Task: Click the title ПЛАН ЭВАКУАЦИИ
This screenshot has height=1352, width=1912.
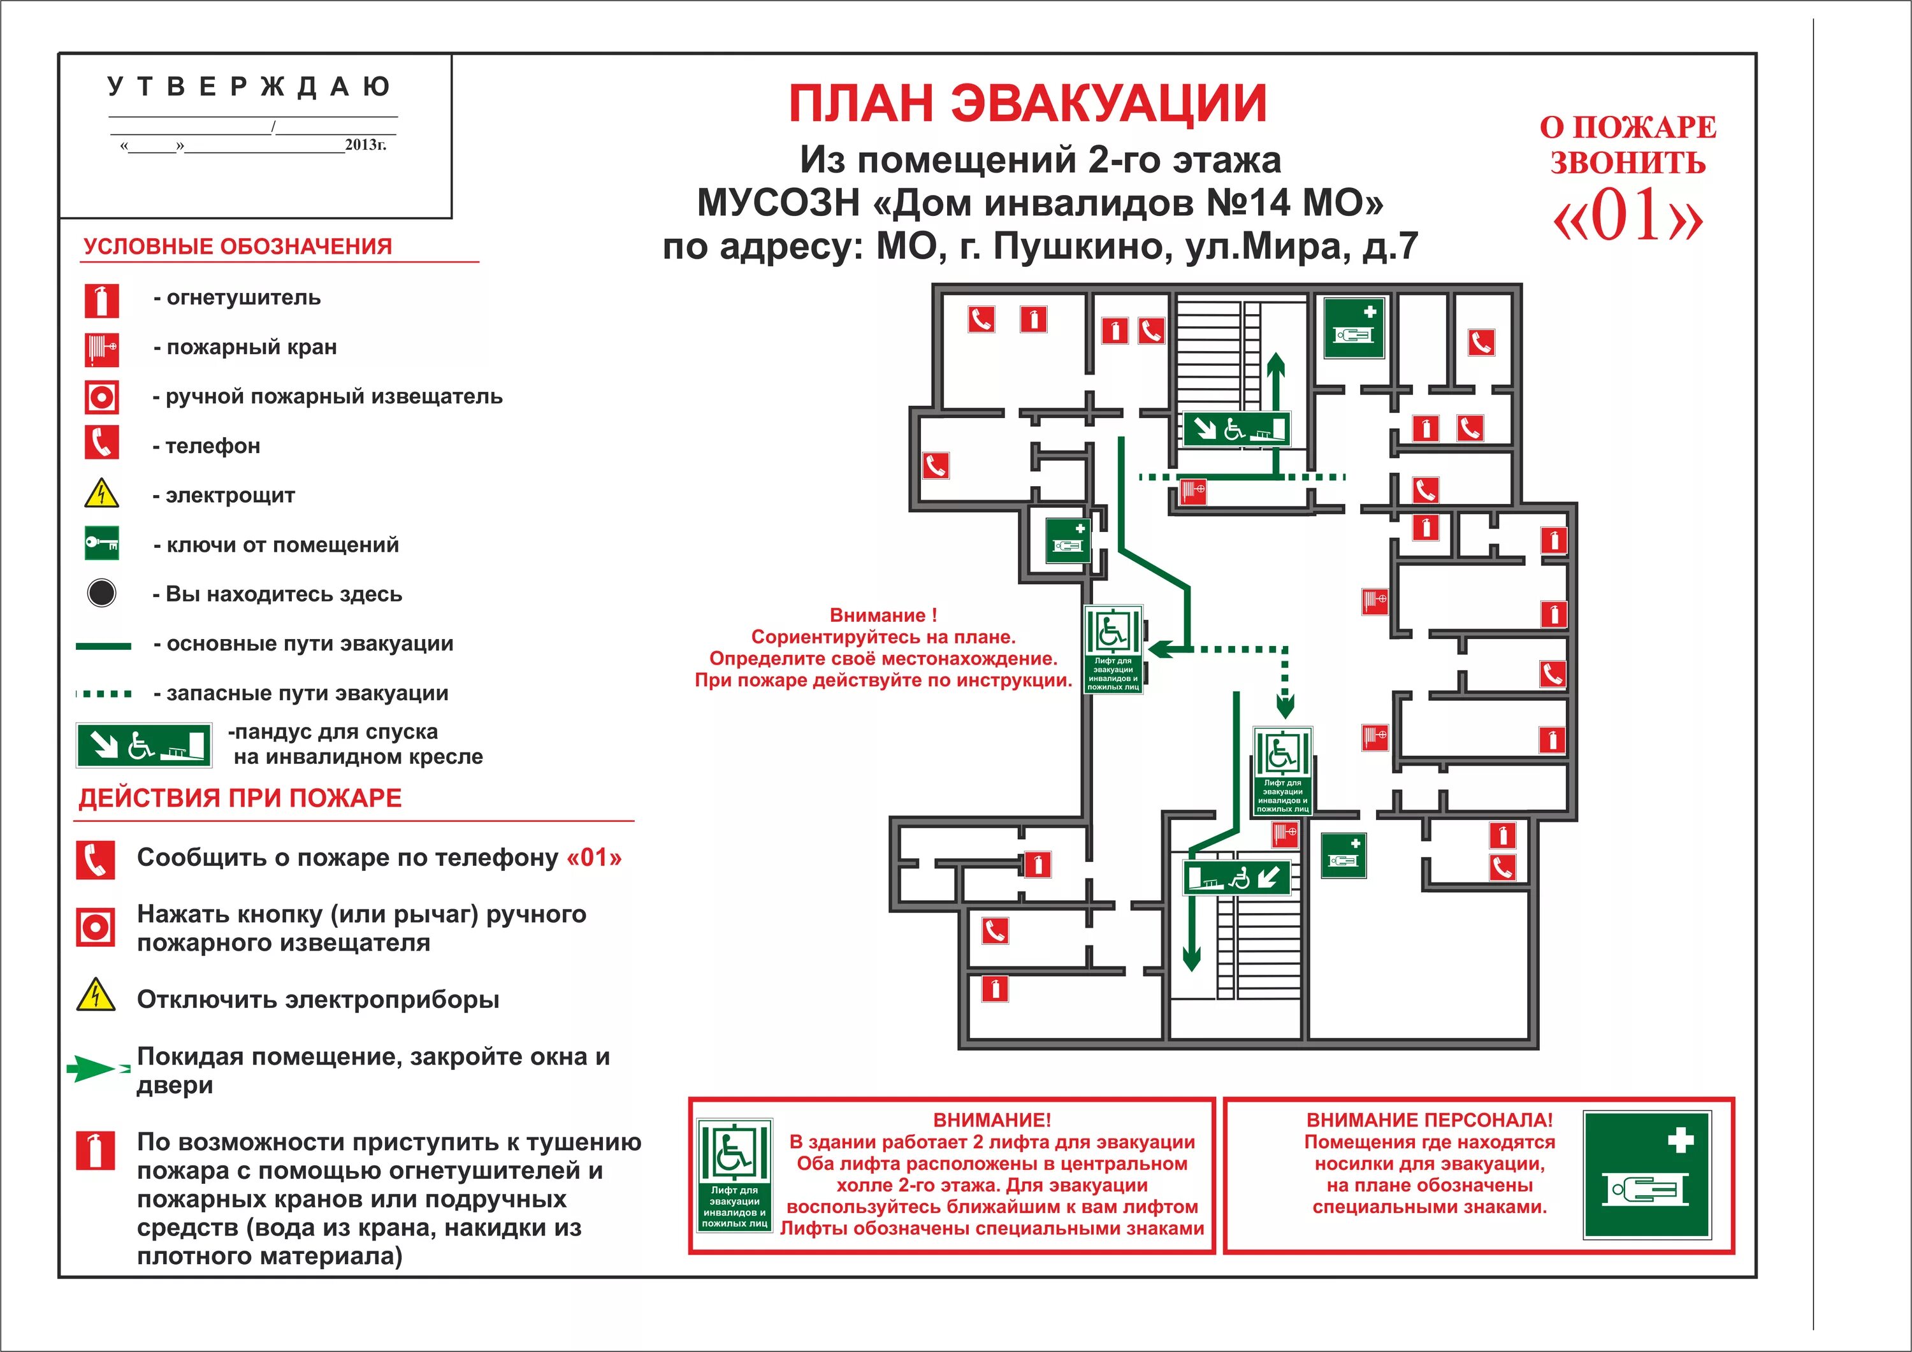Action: pos(1027,103)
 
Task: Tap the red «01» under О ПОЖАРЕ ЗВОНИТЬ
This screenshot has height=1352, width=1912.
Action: pos(1628,215)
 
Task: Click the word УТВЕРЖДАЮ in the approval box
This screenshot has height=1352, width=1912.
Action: pos(249,87)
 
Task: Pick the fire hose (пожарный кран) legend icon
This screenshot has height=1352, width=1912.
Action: pos(101,349)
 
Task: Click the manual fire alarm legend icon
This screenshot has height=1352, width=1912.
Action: pos(101,397)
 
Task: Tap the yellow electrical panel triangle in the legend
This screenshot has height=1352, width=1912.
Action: pos(101,494)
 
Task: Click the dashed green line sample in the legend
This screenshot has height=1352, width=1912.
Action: pos(103,693)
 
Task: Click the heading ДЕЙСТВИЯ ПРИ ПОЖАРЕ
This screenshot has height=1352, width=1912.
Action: pos(240,798)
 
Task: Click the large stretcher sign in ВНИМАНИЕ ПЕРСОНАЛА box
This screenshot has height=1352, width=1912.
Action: pos(1647,1175)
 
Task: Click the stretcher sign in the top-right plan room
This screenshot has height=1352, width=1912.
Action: pos(1354,328)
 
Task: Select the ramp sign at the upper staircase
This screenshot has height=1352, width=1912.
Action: pos(1236,429)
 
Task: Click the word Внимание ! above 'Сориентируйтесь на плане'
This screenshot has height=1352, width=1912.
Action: pos(883,615)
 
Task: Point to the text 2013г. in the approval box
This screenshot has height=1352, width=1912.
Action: pos(366,145)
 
